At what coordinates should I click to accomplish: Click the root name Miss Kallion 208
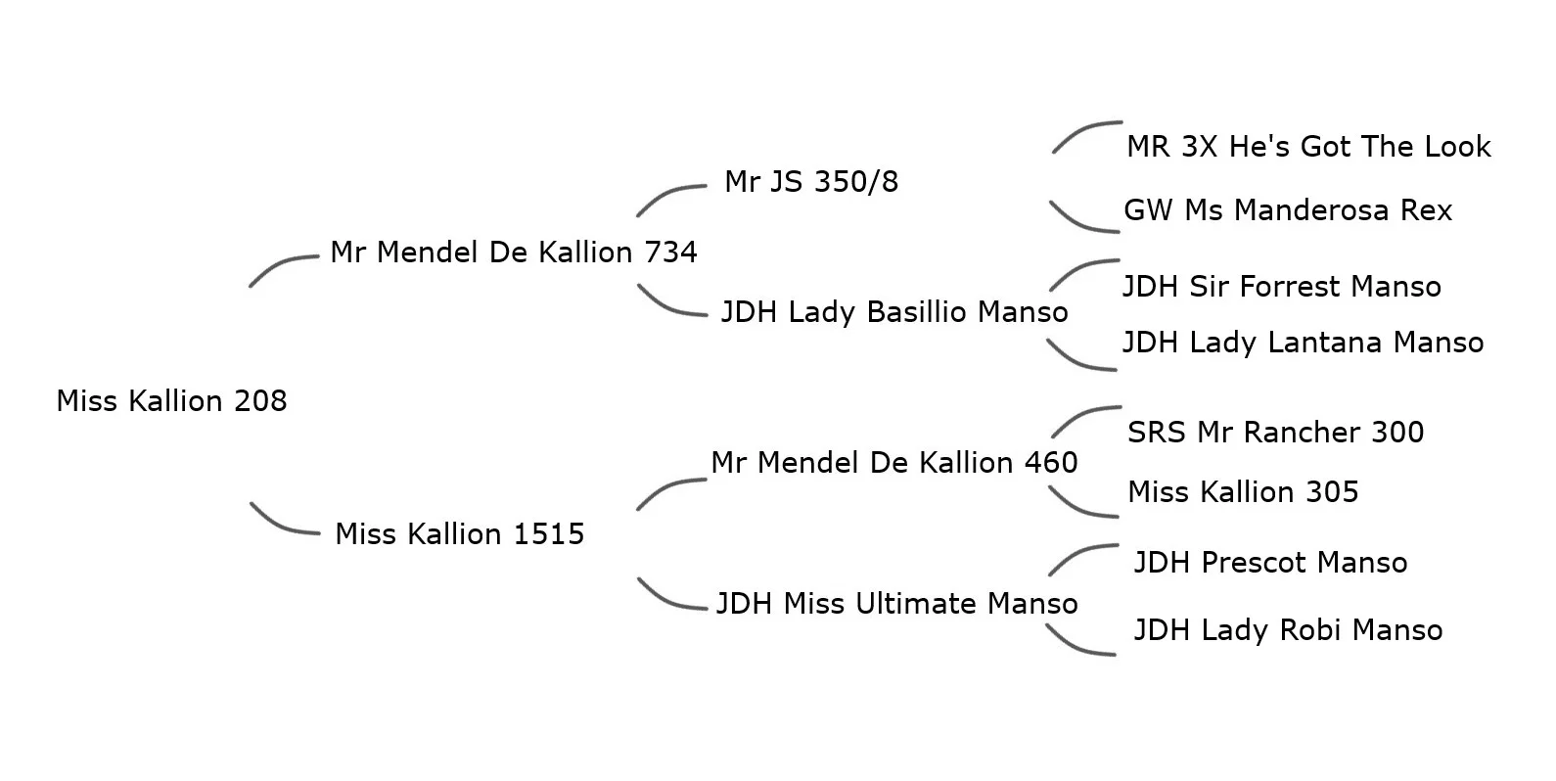point(171,401)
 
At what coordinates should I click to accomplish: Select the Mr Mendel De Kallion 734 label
point(513,253)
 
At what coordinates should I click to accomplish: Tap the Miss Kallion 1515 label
point(459,534)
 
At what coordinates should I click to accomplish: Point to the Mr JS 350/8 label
point(810,182)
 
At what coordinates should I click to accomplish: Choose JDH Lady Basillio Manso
point(893,312)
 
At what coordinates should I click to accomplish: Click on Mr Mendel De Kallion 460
point(893,463)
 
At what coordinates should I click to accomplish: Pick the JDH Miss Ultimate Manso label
point(896,604)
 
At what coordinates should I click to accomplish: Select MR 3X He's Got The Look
point(1307,147)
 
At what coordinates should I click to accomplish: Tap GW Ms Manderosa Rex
point(1287,210)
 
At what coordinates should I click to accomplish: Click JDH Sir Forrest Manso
point(1281,287)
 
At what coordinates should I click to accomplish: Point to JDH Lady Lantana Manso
point(1302,343)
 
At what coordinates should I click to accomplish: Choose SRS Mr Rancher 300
point(1275,433)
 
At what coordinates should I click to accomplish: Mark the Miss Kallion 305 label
point(1243,492)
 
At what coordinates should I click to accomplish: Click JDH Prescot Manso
point(1269,563)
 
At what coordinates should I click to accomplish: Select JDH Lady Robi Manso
point(1287,630)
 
